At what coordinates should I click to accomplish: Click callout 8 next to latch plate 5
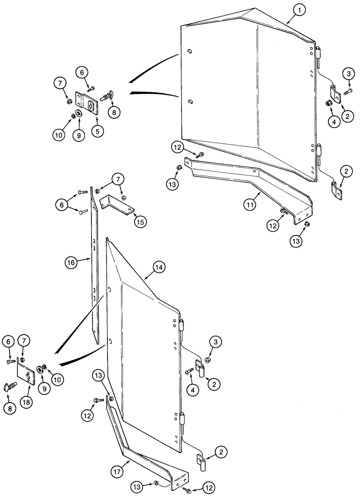[x=113, y=112]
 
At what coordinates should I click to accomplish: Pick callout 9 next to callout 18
[x=42, y=385]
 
